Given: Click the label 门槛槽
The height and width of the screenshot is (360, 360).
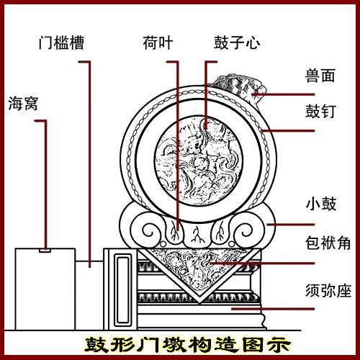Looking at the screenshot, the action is click(x=61, y=42).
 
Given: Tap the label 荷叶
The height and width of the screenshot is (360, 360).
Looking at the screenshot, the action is click(x=158, y=42).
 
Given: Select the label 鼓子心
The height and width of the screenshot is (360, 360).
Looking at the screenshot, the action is click(x=237, y=42).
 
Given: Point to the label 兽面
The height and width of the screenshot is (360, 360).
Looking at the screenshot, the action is click(x=320, y=76).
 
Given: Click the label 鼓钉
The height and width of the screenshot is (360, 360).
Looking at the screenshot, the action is click(x=320, y=111).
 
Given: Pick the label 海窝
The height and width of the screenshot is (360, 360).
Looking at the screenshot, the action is click(x=23, y=104).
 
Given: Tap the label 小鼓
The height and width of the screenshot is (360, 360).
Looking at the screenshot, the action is click(x=321, y=204).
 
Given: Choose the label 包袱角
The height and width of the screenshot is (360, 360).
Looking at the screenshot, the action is click(x=328, y=243).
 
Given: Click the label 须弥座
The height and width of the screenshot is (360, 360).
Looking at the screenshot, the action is click(x=328, y=291).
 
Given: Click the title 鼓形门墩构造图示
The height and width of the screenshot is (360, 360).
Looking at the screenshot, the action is click(x=188, y=345).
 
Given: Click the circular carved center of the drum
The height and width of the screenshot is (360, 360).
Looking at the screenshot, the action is click(x=198, y=161).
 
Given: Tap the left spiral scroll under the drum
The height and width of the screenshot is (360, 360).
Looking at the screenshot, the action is click(x=150, y=232).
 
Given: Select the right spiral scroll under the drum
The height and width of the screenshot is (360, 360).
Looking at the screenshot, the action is click(x=243, y=232).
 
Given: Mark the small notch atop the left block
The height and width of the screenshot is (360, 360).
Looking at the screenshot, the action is click(x=45, y=251).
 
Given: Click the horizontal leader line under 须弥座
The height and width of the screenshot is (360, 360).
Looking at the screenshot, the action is click(x=273, y=309).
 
